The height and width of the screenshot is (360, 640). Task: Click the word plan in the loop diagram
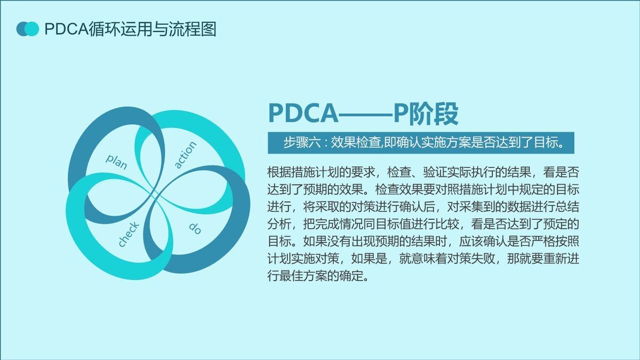(x=117, y=161)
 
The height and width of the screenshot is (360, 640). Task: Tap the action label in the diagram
(x=186, y=155)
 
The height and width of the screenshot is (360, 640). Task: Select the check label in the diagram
(x=129, y=235)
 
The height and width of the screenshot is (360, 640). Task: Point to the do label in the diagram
(x=195, y=228)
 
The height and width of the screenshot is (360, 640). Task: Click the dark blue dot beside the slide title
(x=22, y=29)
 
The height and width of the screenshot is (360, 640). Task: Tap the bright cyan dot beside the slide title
(x=33, y=29)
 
